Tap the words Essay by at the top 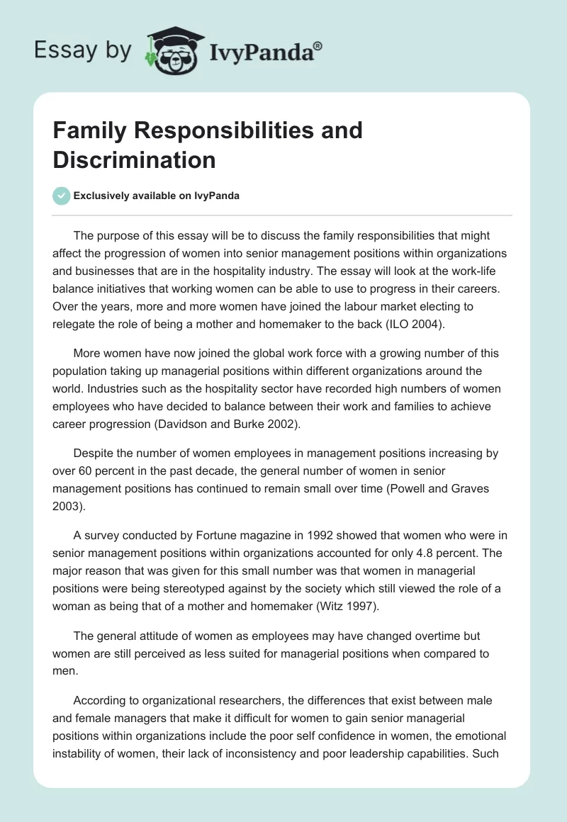pyautogui.click(x=83, y=50)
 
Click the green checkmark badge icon pyautogui.click(x=62, y=196)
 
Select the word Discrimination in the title pyautogui.click(x=134, y=159)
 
